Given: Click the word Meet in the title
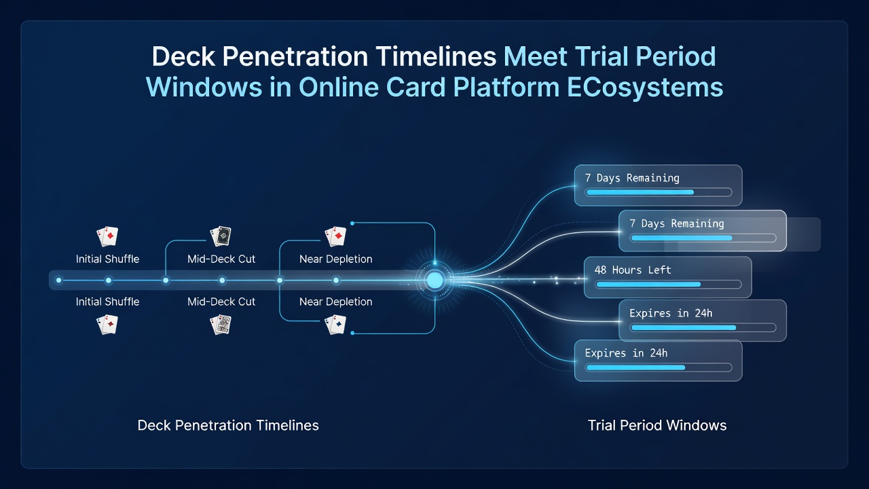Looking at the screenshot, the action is (x=535, y=56).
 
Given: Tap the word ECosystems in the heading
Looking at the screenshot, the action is (x=645, y=88).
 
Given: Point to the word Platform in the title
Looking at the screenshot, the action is (x=506, y=88).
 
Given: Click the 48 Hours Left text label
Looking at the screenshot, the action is (x=632, y=270).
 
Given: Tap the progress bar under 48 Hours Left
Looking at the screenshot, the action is (x=669, y=285).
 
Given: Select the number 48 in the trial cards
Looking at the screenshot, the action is (x=600, y=270).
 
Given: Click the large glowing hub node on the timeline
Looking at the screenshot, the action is (x=434, y=280).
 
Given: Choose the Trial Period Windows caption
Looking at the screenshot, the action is (x=657, y=425).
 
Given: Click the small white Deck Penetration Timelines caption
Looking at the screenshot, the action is (x=228, y=425).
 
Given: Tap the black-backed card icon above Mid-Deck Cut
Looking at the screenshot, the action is (x=221, y=236).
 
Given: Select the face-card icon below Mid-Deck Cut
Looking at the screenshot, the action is (x=221, y=325).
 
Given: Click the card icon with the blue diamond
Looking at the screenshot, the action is (x=335, y=325).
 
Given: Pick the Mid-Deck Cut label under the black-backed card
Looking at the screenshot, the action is (x=221, y=259).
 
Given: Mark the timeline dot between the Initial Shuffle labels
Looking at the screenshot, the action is (x=109, y=280).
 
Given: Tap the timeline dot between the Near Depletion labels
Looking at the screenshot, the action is (x=336, y=280).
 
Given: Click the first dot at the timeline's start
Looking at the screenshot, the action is (x=58, y=280).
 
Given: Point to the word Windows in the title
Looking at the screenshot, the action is (x=204, y=88).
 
